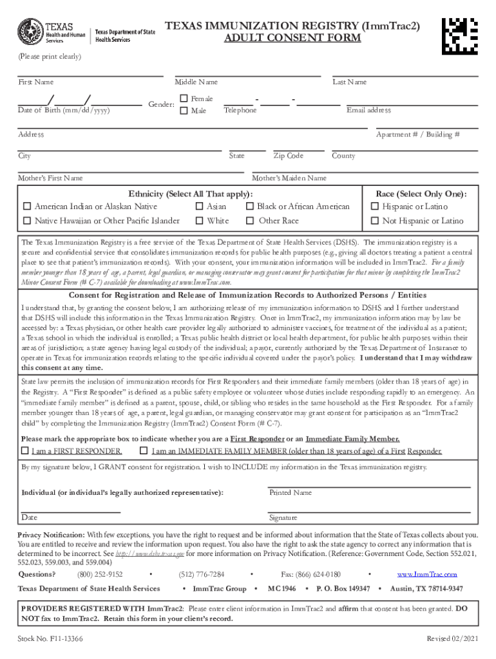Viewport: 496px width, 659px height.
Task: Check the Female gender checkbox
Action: click(184, 98)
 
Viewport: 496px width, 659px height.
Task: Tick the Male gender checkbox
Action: click(184, 111)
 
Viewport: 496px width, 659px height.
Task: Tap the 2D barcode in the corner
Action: click(461, 32)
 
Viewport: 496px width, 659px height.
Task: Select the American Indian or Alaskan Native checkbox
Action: click(27, 207)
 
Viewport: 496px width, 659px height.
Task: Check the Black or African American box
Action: click(250, 207)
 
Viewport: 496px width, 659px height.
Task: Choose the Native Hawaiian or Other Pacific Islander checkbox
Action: click(27, 221)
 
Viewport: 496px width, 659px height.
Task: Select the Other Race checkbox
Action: click(250, 221)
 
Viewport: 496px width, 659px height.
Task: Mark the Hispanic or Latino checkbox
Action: click(375, 207)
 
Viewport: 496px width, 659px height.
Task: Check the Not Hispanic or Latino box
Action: click(375, 221)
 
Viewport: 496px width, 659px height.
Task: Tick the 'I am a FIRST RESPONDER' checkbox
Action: click(25, 450)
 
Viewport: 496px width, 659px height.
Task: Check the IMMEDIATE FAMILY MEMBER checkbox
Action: click(143, 450)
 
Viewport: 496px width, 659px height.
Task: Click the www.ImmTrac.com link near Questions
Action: click(426, 574)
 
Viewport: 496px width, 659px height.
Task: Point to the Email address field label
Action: click(368, 111)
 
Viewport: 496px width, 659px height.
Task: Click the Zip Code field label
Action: click(288, 156)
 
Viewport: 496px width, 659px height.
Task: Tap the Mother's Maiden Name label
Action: click(289, 178)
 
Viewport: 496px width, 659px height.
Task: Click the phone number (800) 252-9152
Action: click(100, 574)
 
